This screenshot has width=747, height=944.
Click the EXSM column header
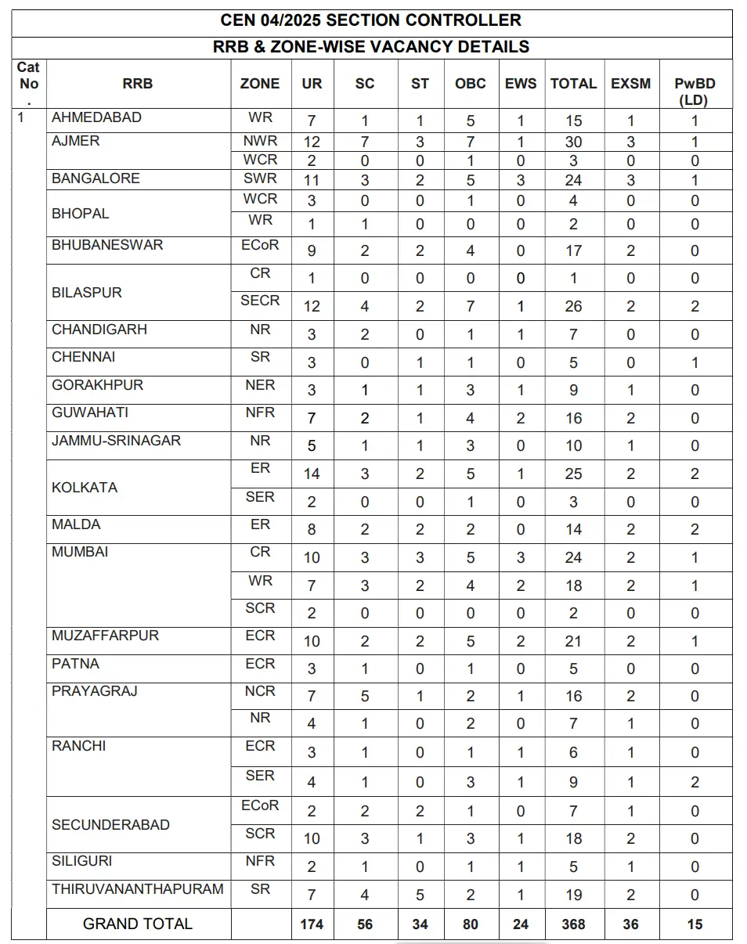(x=630, y=84)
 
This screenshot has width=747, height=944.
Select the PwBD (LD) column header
(x=695, y=92)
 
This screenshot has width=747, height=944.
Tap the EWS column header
(x=521, y=84)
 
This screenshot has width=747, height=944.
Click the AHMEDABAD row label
(x=96, y=117)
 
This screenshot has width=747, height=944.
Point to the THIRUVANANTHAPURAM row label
(x=138, y=889)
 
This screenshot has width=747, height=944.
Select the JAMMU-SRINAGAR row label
(x=116, y=441)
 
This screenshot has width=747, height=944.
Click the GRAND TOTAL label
(x=138, y=924)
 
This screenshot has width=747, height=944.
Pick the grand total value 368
(x=573, y=924)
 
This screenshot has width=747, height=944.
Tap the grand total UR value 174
(x=312, y=924)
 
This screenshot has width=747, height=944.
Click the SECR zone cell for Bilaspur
(x=260, y=301)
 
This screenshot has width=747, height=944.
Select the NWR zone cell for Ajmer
(x=260, y=141)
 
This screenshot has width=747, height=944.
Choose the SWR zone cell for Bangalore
(x=260, y=178)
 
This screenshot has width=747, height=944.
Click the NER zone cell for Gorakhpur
(x=260, y=385)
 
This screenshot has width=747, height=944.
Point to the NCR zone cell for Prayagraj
(x=260, y=691)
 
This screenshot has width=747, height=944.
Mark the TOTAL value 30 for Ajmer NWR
(x=573, y=142)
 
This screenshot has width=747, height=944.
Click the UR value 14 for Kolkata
(x=312, y=474)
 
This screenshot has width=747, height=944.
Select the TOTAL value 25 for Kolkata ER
(x=573, y=474)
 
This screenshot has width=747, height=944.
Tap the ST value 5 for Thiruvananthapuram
(x=420, y=895)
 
